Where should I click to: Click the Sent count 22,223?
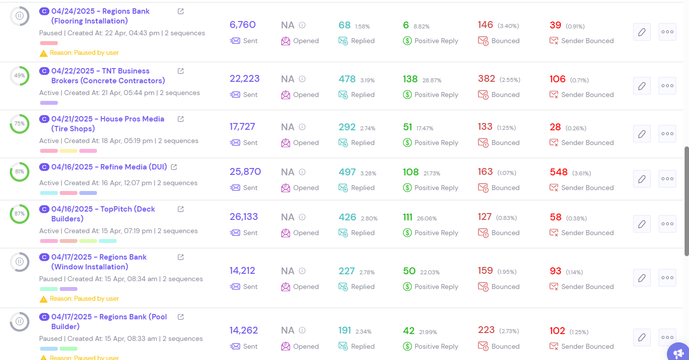244,79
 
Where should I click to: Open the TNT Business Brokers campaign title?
108,76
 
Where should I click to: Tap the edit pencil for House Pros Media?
641,134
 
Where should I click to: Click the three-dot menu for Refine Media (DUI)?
667,179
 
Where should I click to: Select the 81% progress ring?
20,172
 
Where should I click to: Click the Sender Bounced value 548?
558,172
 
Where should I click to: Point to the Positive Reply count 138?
410,79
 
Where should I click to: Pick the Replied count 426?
347,217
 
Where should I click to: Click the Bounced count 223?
486,330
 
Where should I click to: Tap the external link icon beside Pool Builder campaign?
181,317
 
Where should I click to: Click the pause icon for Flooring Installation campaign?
20,16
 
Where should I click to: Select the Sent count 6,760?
242,25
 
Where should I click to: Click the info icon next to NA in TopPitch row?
302,217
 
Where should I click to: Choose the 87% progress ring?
20,214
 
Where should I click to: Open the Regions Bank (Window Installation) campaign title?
99,262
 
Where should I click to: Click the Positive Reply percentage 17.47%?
425,128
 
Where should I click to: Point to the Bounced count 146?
485,25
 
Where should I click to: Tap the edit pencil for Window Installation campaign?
641,278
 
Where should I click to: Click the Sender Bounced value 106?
557,79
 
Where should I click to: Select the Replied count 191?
345,331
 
